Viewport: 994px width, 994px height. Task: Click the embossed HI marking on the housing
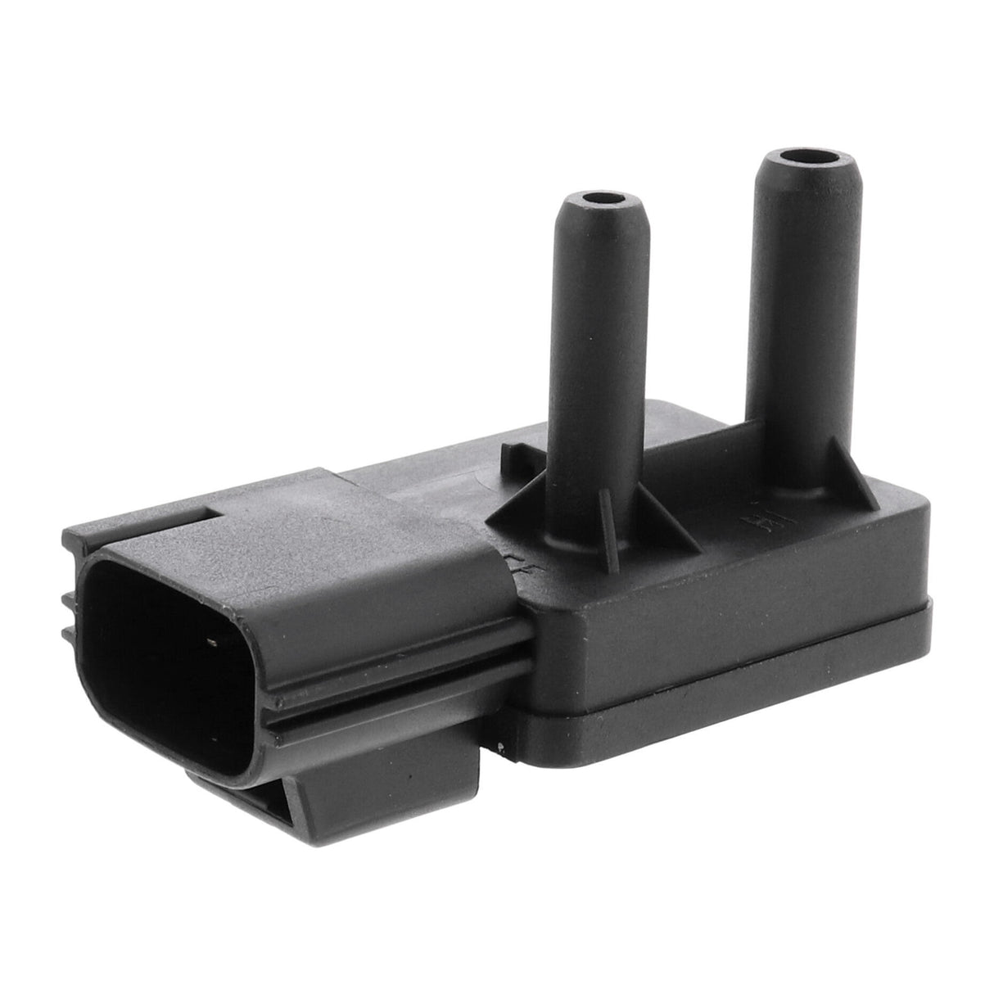tap(752, 517)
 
